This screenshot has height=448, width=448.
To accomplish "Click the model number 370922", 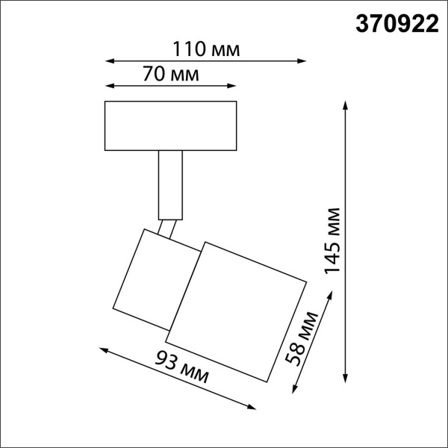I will (395, 24).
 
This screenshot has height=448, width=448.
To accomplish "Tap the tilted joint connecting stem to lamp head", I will (167, 228).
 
